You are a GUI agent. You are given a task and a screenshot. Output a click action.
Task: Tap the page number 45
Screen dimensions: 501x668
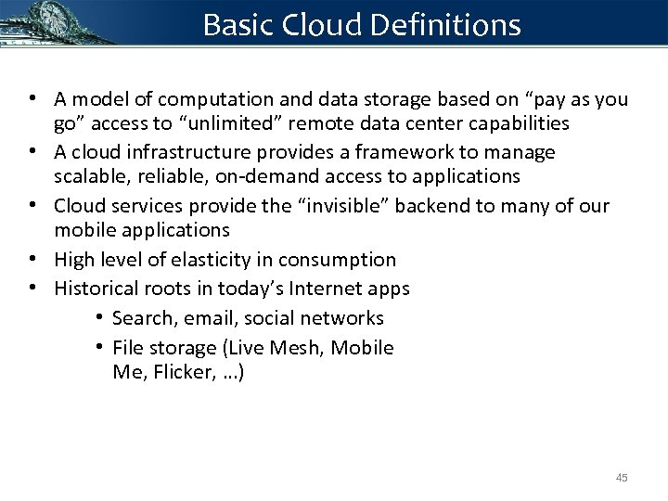pos(621,477)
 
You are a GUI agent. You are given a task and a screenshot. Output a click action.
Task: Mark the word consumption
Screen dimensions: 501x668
pos(344,260)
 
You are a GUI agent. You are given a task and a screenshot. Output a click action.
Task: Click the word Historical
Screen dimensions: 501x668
pos(97,289)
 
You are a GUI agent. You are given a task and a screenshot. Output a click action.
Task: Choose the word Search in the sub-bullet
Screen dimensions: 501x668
pos(143,318)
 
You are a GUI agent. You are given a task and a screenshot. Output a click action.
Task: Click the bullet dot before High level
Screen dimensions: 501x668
pos(32,260)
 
